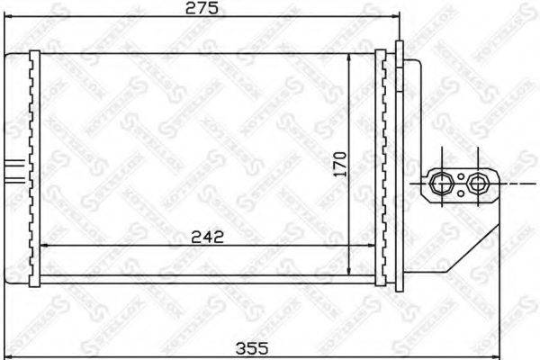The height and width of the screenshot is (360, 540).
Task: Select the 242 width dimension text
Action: [207, 238]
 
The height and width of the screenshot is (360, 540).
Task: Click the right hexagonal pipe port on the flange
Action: [477, 183]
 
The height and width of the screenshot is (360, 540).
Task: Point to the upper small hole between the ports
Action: [460, 175]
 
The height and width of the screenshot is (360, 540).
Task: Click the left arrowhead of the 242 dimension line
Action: [47, 246]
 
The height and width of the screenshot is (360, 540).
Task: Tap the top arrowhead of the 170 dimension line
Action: [349, 57]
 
